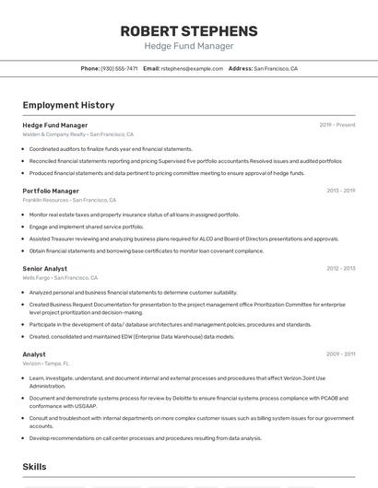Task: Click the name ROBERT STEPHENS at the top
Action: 189,31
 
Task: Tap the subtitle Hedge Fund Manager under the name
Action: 189,46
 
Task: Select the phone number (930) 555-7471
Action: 119,68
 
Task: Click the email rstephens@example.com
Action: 192,68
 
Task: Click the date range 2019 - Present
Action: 337,124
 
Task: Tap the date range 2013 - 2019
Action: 340,191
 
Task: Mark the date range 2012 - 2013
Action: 340,268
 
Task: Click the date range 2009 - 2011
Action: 340,354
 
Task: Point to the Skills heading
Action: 35,467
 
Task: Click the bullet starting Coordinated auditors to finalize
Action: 111,148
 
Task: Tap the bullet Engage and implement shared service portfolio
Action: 87,227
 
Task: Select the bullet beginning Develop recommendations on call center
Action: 145,438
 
